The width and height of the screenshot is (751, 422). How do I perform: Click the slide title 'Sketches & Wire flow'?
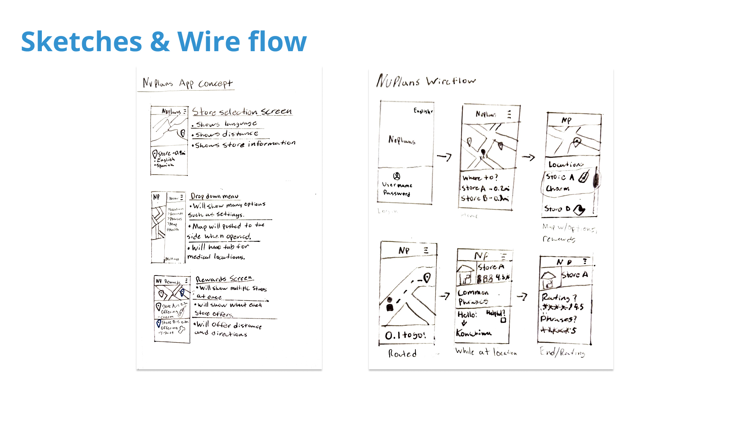click(163, 41)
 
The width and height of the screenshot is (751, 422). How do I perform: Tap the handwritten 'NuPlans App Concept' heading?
click(187, 83)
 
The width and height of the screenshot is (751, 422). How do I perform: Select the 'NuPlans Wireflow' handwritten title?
click(426, 81)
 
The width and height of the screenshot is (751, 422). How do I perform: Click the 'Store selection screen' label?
click(242, 112)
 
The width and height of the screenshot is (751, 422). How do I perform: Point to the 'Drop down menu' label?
click(214, 196)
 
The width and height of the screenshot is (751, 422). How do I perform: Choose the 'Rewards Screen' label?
click(224, 279)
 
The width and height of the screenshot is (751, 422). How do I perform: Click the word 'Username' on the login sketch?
click(397, 185)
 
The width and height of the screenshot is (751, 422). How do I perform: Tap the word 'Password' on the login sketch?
click(397, 193)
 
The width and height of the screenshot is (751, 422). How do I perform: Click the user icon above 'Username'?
click(397, 176)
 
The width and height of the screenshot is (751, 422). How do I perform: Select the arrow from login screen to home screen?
click(444, 157)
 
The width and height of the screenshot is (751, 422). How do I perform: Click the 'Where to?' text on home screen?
click(480, 178)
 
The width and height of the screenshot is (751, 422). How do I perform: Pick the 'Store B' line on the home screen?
click(485, 198)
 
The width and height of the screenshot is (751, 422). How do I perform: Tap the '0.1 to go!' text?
click(405, 335)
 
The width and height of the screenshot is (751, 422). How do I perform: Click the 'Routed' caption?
click(402, 354)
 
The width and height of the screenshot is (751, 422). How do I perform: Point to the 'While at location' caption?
click(486, 352)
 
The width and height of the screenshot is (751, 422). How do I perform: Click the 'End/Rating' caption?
click(562, 352)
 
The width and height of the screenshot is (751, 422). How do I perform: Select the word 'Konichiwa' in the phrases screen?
click(474, 333)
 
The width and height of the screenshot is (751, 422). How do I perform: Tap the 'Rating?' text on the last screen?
click(559, 298)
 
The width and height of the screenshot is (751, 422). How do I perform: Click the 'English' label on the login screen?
click(423, 111)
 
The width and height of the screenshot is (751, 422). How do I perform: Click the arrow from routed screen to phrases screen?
click(444, 296)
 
